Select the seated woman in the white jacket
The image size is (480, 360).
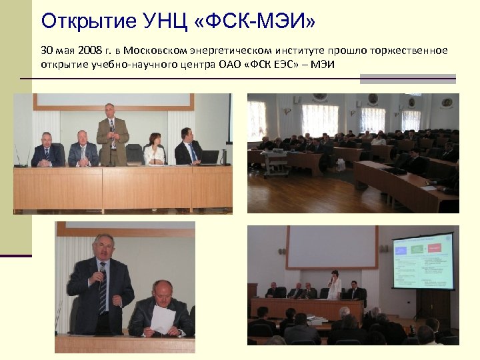click(155, 150)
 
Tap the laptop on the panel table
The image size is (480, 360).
click(210, 157)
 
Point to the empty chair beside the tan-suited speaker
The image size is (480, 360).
click(135, 154)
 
